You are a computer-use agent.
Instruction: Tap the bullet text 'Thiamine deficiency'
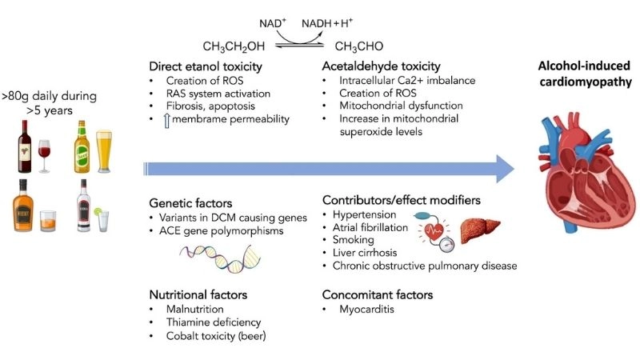click(x=214, y=322)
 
